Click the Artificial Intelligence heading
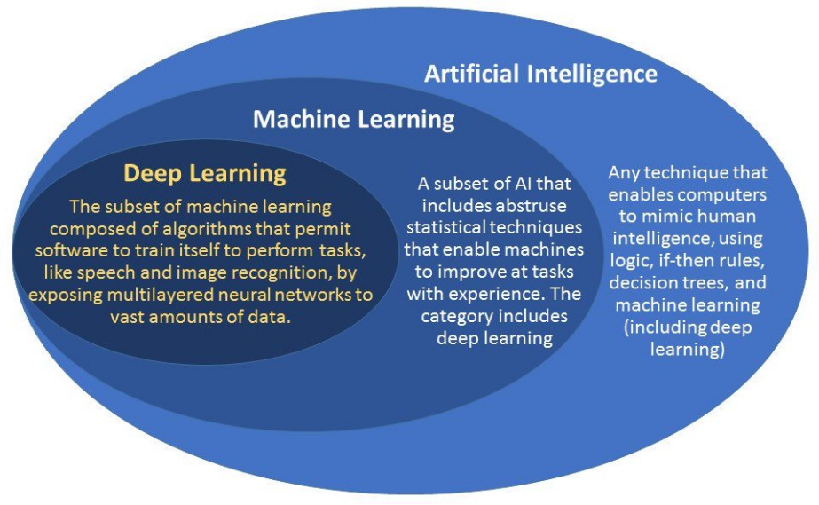[540, 73]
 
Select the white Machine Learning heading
[353, 119]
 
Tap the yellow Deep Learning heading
[204, 172]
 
